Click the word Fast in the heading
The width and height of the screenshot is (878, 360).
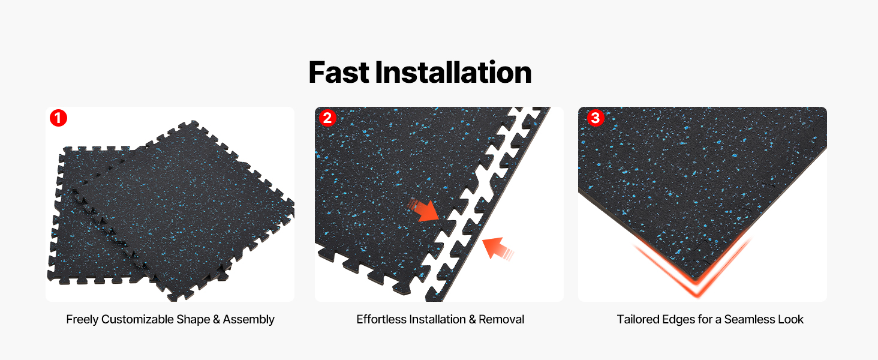339,73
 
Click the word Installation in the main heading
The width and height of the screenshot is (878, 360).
453,73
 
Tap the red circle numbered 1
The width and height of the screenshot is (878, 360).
58,118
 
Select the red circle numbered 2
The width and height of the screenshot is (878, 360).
327,118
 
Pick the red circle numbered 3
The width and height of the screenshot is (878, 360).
596,118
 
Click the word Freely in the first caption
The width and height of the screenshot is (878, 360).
82,320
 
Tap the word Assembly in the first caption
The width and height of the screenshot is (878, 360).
249,320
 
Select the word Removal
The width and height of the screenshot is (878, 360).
501,319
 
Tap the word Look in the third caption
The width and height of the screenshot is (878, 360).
791,319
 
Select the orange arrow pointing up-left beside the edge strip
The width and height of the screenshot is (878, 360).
497,248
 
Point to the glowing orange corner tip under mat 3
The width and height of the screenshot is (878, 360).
696,295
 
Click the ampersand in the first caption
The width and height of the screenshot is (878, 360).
217,319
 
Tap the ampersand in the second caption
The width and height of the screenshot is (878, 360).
473,319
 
